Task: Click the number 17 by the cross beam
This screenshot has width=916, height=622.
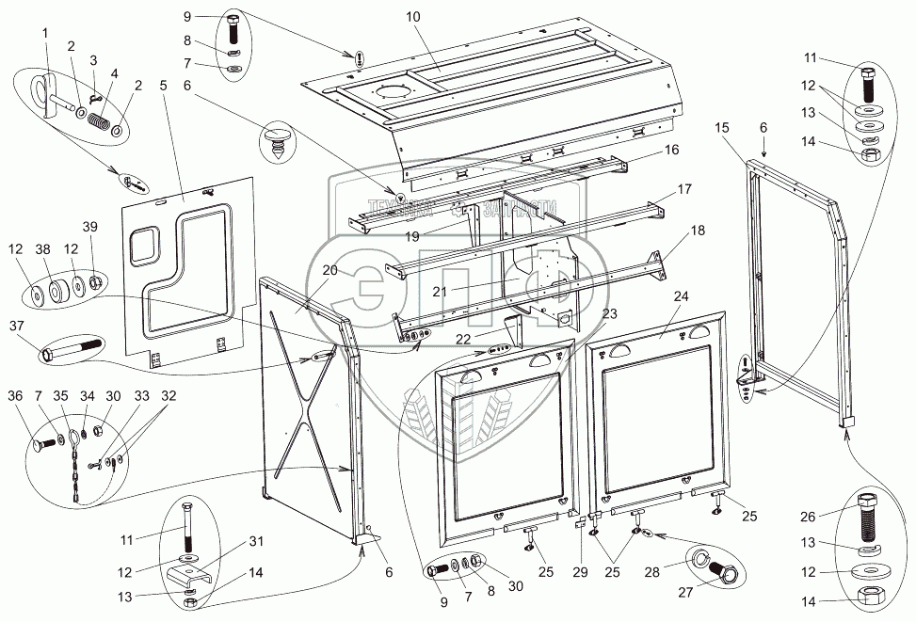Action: [x=684, y=189]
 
